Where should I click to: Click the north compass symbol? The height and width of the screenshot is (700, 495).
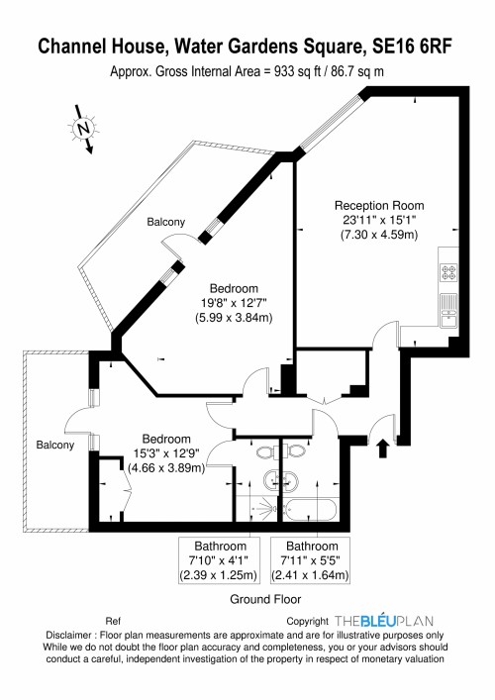[x=82, y=129]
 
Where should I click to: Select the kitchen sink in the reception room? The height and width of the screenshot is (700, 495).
[x=446, y=310]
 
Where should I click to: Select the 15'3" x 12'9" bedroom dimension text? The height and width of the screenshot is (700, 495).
[x=163, y=453]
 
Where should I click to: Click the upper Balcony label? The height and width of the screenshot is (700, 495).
[x=166, y=223]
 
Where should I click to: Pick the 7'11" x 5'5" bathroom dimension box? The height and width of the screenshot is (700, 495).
[x=312, y=560]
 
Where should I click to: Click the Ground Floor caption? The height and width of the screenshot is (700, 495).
[x=265, y=599]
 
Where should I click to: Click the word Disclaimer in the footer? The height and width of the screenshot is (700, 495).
[x=74, y=636]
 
